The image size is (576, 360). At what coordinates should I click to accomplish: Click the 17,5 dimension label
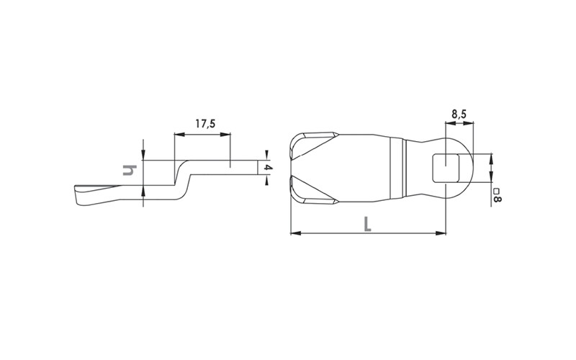(x=205, y=123)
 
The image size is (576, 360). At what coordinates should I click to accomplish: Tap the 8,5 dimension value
(x=459, y=114)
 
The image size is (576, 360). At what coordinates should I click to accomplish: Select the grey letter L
(x=367, y=224)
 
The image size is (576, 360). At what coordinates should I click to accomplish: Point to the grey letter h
(x=130, y=171)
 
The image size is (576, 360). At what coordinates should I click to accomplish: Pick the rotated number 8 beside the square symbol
(x=497, y=199)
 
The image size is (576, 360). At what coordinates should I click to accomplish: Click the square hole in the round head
(x=446, y=168)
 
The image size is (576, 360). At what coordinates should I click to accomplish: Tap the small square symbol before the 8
(x=496, y=192)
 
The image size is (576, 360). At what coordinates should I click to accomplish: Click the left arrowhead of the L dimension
(x=296, y=233)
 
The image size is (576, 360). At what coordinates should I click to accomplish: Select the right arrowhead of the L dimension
(x=441, y=233)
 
